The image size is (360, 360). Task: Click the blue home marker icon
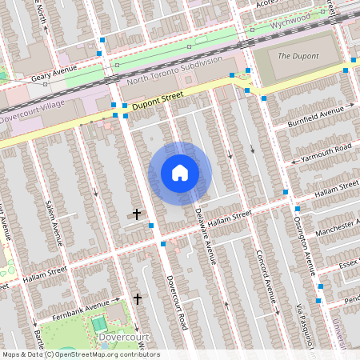pos(180,173)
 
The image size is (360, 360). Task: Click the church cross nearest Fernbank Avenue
pos(138,298)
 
